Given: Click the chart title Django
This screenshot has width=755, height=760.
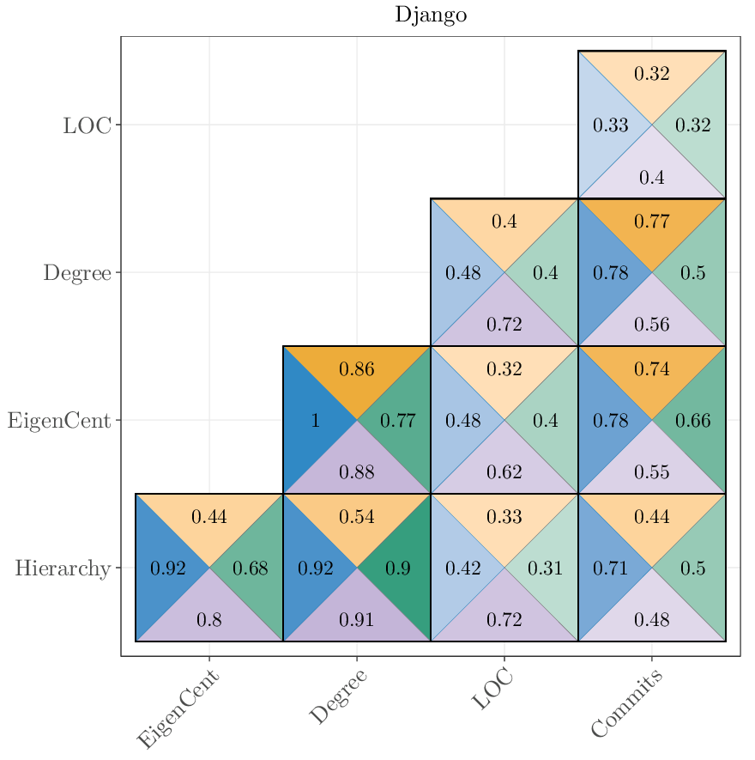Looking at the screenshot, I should (x=431, y=15).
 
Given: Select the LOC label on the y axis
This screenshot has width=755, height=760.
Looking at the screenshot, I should (x=87, y=125).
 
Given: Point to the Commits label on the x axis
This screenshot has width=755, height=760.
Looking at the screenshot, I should (x=627, y=705).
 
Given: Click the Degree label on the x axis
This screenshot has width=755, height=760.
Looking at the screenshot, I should (x=338, y=696).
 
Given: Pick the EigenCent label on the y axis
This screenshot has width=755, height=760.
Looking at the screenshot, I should (x=59, y=421).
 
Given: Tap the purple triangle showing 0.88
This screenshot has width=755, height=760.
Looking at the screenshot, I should (x=357, y=472).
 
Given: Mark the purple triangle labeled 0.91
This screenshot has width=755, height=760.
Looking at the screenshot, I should (x=357, y=619).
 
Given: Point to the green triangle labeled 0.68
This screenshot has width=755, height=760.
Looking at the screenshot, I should (x=252, y=568).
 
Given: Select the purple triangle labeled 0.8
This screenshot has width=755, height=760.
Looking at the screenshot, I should (x=209, y=619).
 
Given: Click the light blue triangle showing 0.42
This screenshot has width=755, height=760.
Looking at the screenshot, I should (x=460, y=568).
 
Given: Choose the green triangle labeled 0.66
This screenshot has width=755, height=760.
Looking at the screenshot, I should (x=695, y=421).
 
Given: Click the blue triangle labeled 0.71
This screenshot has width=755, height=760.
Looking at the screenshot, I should (x=607, y=568).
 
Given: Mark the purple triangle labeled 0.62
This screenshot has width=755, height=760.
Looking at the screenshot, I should (x=504, y=472).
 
